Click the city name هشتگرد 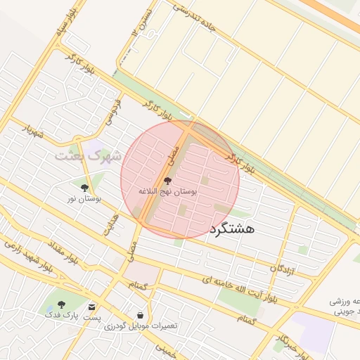pyautogui.click(x=231, y=229)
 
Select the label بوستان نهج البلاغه pyautogui.click(x=167, y=191)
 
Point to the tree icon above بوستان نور pyautogui.click(x=85, y=188)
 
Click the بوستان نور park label pyautogui.click(x=84, y=200)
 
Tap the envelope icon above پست pyautogui.click(x=92, y=307)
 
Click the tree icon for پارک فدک pyautogui.click(x=61, y=305)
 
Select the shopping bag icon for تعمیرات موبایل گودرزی pyautogui.click(x=142, y=316)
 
